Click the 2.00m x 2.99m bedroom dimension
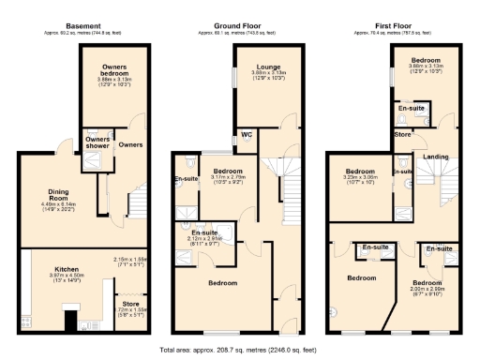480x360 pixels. tap(427, 290)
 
